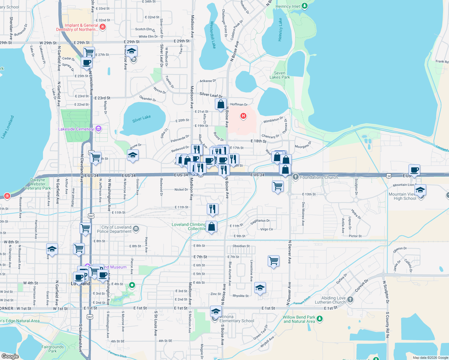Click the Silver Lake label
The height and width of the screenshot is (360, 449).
tap(141, 119)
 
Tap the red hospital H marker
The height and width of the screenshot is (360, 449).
tap(243, 116)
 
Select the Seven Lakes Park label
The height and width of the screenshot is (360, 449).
tap(279, 75)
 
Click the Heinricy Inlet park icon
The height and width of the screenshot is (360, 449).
tap(305, 6)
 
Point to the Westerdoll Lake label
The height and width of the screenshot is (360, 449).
tap(213, 35)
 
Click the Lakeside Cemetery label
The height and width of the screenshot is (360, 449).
tap(76, 129)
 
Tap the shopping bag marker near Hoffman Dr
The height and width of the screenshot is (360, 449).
tap(221, 104)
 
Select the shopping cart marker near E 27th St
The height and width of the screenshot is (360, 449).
tap(89, 52)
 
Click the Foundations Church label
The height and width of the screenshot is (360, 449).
tap(319, 177)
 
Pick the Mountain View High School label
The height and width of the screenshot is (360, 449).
tap(402, 196)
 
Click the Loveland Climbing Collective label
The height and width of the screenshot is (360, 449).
tap(189, 226)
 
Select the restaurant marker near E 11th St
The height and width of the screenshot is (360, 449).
tap(212, 208)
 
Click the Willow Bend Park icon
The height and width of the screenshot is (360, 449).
tap(320, 318)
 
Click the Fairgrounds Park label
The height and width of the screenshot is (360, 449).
tap(53, 349)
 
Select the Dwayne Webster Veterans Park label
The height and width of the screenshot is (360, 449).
tap(38, 184)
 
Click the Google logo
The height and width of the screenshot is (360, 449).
tap(10, 356)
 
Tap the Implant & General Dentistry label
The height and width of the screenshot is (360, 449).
tap(77, 27)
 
